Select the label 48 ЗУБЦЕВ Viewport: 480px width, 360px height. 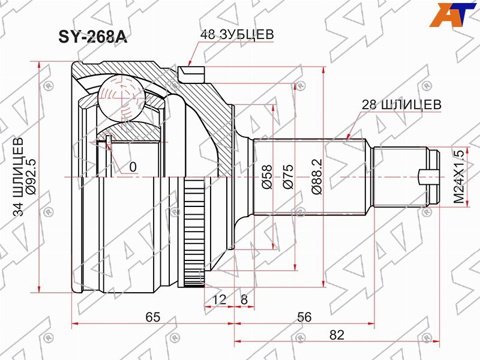[237, 35]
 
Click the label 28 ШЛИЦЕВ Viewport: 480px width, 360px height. [401, 104]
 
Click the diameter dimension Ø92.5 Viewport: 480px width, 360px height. [31, 176]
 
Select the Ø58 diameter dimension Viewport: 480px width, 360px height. [266, 177]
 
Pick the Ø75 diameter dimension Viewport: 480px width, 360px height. [288, 176]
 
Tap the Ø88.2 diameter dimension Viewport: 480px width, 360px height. [317, 176]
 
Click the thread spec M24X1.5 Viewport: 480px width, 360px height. [459, 176]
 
